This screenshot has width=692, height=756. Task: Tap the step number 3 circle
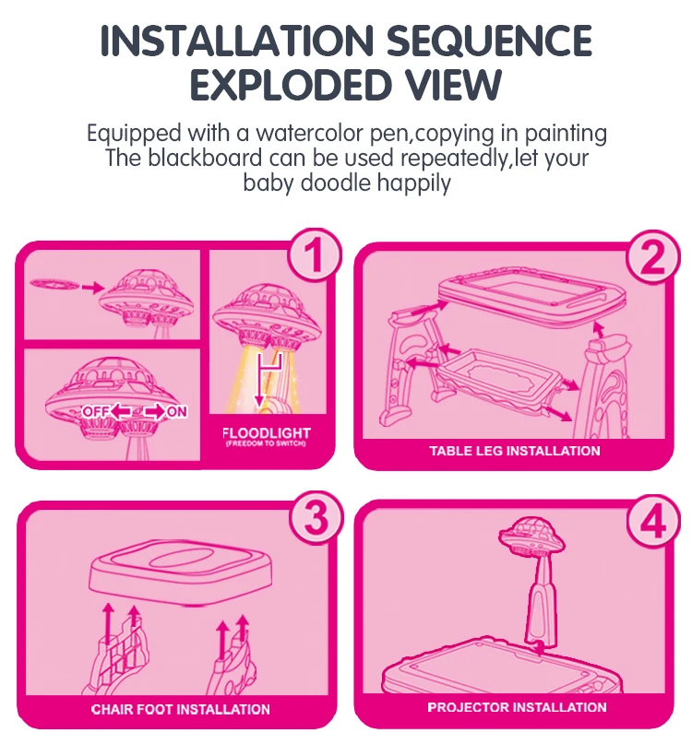click(x=316, y=520)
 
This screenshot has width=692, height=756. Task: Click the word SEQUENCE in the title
click(x=489, y=41)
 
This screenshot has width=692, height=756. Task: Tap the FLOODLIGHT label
click(x=267, y=432)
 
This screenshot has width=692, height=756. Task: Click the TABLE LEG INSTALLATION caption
click(x=514, y=451)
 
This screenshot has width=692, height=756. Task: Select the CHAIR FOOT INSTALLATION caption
click(x=180, y=709)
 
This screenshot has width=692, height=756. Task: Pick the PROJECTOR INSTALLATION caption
click(x=517, y=707)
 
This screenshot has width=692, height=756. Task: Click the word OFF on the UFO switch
click(x=95, y=410)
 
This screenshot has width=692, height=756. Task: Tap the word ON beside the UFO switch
click(x=175, y=411)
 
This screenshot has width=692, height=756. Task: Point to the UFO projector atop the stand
click(x=531, y=537)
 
